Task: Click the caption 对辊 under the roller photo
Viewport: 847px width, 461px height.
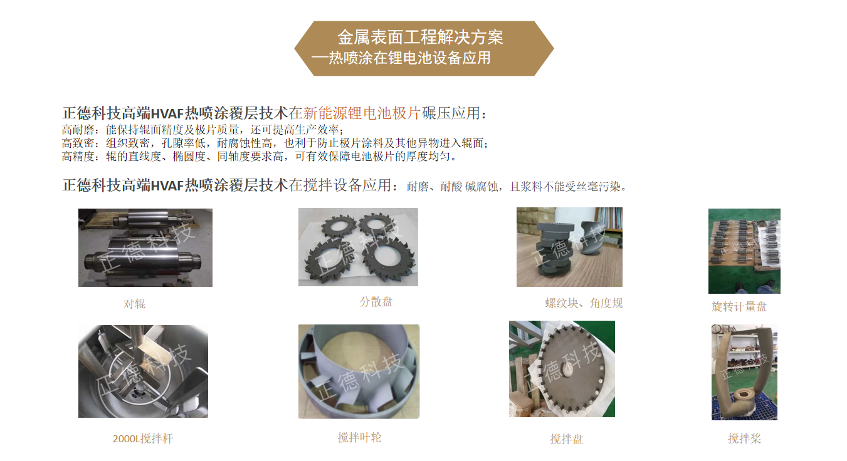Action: click(134, 304)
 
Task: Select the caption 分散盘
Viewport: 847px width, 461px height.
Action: click(376, 301)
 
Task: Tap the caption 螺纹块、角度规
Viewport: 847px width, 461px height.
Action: click(584, 303)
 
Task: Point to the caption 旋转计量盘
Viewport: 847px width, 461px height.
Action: click(739, 306)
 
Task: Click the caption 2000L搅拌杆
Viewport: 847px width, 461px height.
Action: click(143, 438)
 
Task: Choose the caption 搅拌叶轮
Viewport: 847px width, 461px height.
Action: click(359, 438)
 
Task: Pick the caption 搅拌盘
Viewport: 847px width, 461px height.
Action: click(566, 439)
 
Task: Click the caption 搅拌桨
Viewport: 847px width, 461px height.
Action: click(745, 438)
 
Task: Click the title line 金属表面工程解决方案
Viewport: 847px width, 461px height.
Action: click(420, 37)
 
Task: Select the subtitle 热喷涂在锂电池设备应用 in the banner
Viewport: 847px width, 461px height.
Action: click(409, 58)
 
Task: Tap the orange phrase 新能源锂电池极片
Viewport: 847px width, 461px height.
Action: click(362, 113)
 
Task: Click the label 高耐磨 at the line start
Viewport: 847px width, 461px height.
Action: click(78, 130)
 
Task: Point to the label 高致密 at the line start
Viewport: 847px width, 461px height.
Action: click(78, 143)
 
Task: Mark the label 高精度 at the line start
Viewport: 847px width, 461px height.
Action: click(78, 156)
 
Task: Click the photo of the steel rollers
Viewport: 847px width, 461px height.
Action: click(145, 247)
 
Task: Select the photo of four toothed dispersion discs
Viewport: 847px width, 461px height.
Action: click(358, 247)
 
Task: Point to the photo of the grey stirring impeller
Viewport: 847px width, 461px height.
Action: click(359, 371)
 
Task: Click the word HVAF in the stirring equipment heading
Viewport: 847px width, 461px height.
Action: click(167, 185)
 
